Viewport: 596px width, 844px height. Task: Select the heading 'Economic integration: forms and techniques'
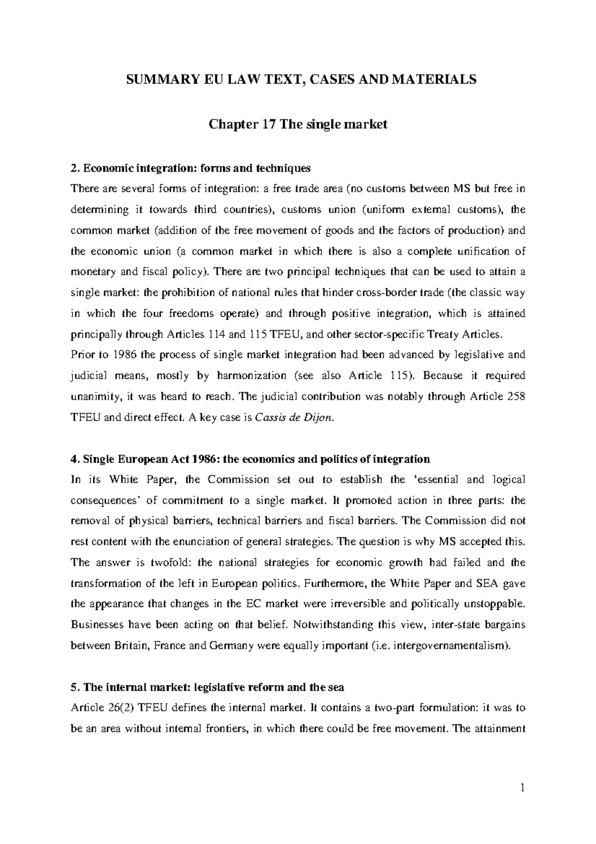point(196,168)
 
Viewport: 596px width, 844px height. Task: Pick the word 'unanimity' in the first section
point(93,397)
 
